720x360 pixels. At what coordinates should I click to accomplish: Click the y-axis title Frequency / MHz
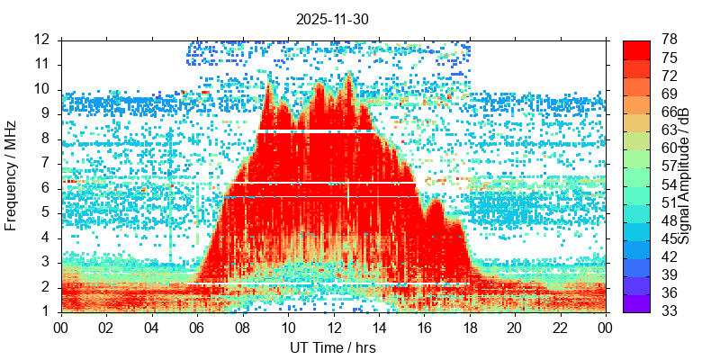coord(12,175)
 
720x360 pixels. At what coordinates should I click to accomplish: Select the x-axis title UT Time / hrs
coord(333,347)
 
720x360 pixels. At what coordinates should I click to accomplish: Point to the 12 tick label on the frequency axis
coord(41,40)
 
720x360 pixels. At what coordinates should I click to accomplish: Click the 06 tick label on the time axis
coord(197,328)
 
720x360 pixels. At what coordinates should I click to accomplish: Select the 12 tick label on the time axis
coord(333,328)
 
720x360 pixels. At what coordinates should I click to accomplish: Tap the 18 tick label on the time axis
coord(469,328)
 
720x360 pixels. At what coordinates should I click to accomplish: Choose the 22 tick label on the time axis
coord(559,328)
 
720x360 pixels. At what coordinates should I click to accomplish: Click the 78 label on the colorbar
coord(670,40)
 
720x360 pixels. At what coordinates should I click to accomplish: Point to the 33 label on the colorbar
coord(670,311)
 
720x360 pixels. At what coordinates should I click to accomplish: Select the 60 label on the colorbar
coord(670,148)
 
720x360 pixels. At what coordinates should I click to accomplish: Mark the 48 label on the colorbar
coord(670,220)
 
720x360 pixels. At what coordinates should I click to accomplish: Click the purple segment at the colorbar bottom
coord(637,306)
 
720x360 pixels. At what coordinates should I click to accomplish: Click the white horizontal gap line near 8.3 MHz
coord(315,131)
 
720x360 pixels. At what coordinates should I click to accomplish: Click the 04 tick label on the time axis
coord(152,328)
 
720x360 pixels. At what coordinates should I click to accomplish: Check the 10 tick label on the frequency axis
coord(41,89)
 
